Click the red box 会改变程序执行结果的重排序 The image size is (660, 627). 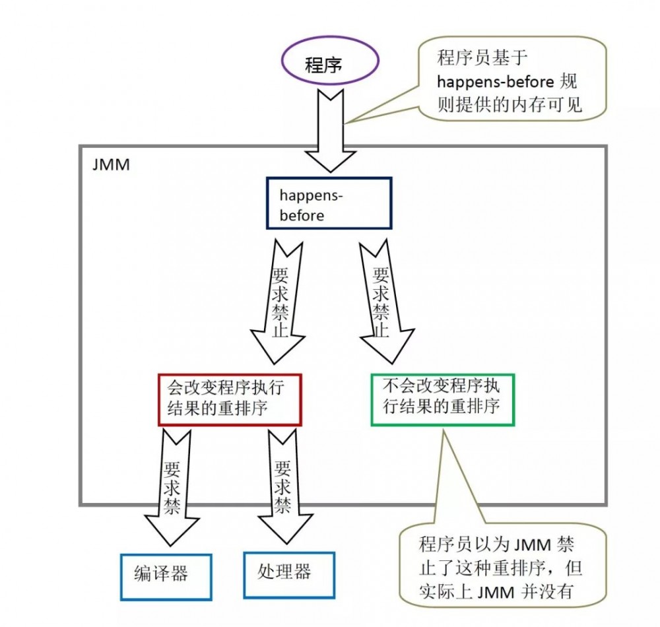tap(230, 400)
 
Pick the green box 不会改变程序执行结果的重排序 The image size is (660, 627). tap(442, 400)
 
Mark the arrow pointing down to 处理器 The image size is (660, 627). tap(282, 488)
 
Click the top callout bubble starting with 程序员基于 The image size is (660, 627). tap(511, 79)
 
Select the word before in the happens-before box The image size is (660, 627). tap(302, 215)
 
